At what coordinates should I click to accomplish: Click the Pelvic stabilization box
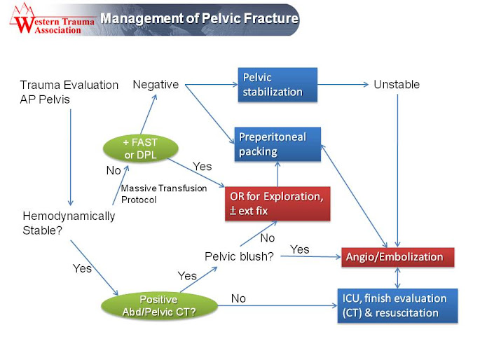(277, 85)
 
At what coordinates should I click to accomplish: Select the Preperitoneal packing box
(277, 144)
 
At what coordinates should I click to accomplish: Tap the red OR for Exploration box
(277, 204)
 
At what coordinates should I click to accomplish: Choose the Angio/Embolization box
(397, 257)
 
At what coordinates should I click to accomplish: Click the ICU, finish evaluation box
(397, 305)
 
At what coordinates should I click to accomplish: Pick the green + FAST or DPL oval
(141, 148)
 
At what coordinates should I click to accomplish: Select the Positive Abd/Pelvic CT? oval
(159, 305)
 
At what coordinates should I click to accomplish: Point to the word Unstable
(397, 85)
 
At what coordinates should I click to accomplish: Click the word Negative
(156, 85)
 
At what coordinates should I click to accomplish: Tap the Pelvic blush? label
(239, 256)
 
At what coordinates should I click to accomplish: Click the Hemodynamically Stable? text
(69, 223)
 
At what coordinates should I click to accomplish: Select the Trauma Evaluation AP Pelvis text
(69, 92)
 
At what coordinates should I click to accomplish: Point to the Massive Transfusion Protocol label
(164, 194)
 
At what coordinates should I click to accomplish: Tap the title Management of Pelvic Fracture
(199, 18)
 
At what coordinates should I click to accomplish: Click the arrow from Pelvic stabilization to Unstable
(343, 85)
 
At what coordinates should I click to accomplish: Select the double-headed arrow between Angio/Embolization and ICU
(397, 278)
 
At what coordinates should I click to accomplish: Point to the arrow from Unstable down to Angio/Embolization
(397, 170)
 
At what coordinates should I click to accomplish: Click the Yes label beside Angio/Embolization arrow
(300, 249)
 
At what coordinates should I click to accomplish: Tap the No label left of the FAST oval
(114, 170)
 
